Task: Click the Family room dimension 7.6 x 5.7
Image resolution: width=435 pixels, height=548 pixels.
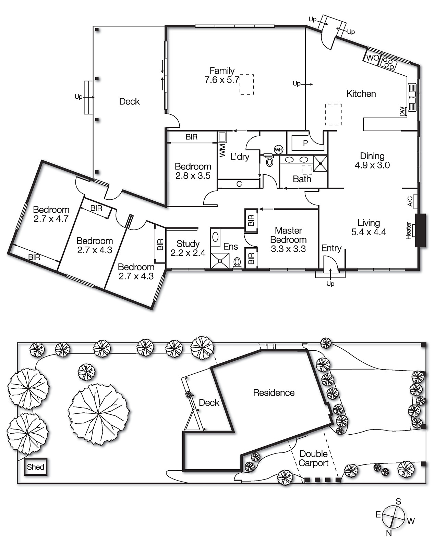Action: point(221,80)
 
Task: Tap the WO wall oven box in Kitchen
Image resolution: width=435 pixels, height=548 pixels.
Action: point(372,58)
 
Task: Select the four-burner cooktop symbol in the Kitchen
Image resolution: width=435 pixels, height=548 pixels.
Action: point(389,63)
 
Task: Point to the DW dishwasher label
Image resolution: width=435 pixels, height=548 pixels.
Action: point(402,112)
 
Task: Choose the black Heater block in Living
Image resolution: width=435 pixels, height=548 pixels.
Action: point(420,230)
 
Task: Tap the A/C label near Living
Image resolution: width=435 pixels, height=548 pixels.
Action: point(410,201)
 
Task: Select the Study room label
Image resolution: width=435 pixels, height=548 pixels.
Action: point(188,244)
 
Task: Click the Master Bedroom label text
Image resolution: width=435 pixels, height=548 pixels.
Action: point(288,235)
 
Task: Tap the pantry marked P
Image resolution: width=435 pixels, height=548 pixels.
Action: point(305,143)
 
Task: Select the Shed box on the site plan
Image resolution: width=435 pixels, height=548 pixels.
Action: point(36,467)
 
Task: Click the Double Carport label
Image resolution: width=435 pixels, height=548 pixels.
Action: point(313,458)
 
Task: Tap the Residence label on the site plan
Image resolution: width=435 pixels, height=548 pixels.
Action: point(274,393)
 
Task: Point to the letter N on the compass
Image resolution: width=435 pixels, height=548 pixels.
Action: point(389,533)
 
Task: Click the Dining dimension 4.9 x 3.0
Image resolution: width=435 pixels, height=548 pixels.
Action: point(372,165)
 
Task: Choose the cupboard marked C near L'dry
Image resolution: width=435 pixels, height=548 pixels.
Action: point(239,184)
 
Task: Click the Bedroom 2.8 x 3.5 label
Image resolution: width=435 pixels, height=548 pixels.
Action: point(193,171)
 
